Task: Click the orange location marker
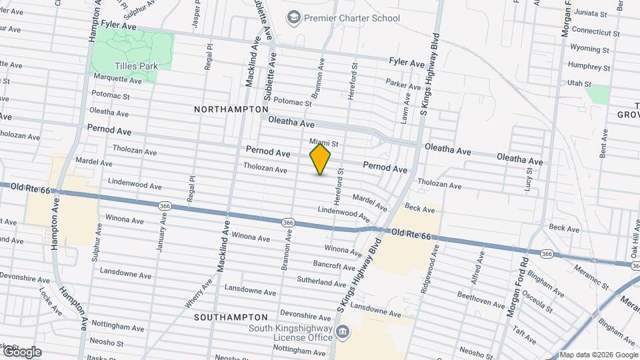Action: pos(321,159)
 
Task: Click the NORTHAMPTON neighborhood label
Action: pos(231,109)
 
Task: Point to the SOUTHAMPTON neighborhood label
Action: pos(231,317)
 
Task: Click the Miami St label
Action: pos(325,142)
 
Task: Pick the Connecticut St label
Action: pos(595,31)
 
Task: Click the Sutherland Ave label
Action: pos(322,282)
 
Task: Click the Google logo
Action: pos(22,351)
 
